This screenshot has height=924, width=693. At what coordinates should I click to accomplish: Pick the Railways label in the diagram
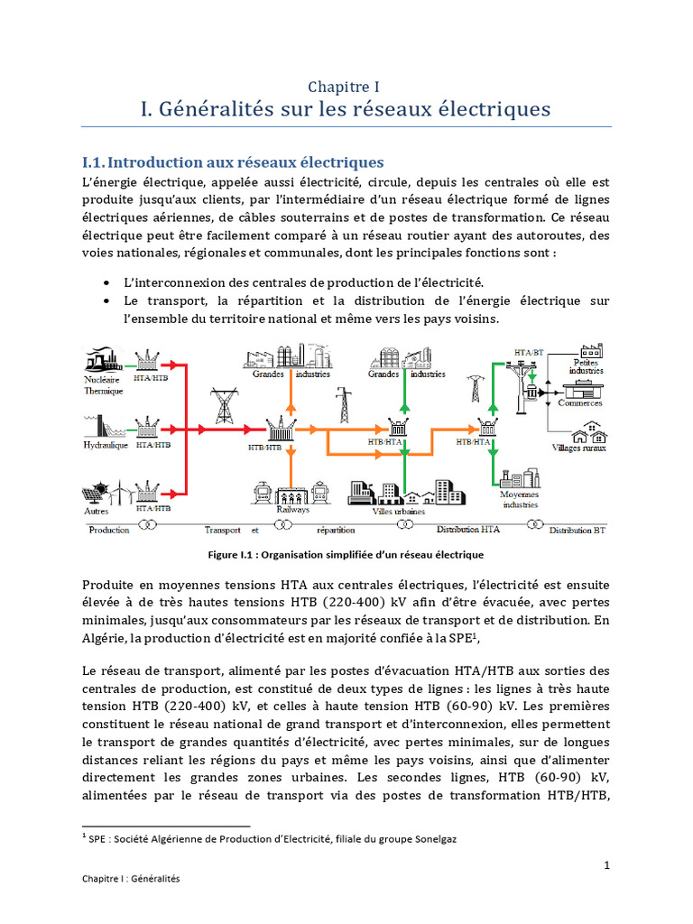[x=292, y=509]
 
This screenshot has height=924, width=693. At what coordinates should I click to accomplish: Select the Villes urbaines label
[x=400, y=511]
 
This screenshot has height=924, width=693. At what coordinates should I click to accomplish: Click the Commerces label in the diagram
[x=580, y=403]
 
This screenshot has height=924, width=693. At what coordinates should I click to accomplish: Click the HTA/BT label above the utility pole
[x=528, y=351]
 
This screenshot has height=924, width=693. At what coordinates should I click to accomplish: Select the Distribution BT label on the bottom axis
[x=579, y=531]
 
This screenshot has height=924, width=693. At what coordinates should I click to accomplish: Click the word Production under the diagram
[x=109, y=530]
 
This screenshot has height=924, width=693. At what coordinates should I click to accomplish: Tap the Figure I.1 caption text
[x=346, y=554]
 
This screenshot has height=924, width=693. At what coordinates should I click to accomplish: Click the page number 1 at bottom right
[x=607, y=865]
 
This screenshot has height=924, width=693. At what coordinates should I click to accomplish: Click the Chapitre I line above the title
[x=344, y=87]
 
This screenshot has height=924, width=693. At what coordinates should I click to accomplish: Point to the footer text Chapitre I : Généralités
[x=131, y=878]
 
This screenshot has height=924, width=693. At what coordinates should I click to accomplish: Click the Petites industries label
[x=587, y=366]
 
